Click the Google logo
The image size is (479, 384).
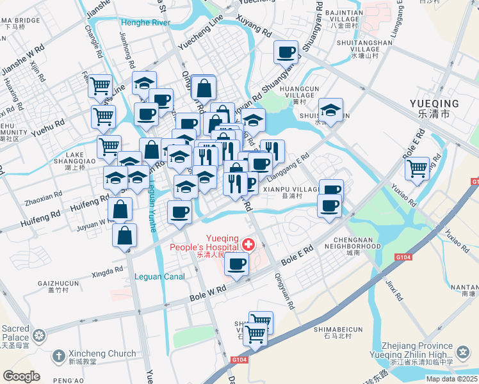pyautogui.click(x=21, y=376)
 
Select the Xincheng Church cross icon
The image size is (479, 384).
pyautogui.click(x=58, y=354)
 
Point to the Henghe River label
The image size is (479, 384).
pyautogui.click(x=145, y=23)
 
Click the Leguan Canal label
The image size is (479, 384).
pyautogui.click(x=160, y=276)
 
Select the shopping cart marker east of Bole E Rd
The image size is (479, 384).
pyautogui.click(x=417, y=169)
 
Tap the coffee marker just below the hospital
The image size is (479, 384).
pyautogui.click(x=236, y=264)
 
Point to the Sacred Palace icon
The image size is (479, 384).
pyautogui.click(x=40, y=335)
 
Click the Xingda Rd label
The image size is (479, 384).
pyautogui.click(x=107, y=271)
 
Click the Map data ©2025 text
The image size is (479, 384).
pyautogui.click(x=451, y=379)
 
